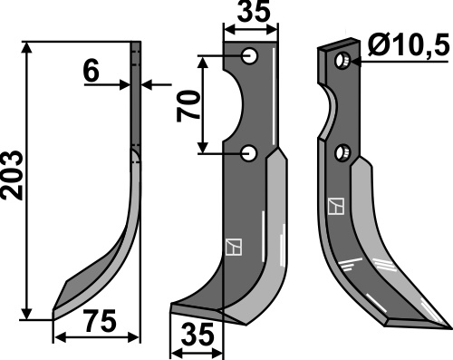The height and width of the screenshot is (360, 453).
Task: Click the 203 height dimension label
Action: pos(12,176)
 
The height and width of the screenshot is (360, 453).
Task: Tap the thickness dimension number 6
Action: pos(92,73)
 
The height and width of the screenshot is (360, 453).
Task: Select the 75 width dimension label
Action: pos(101,321)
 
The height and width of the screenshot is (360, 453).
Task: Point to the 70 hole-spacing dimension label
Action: pos(188,106)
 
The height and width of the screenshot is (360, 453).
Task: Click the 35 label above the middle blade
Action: pos(254,12)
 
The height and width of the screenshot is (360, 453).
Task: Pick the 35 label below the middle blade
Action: pos(198,335)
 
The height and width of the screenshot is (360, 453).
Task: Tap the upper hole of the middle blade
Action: pos(250,56)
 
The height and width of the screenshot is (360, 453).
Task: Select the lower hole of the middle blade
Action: pos(249,153)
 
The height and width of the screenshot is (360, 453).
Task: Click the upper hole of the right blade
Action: pos(342,60)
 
